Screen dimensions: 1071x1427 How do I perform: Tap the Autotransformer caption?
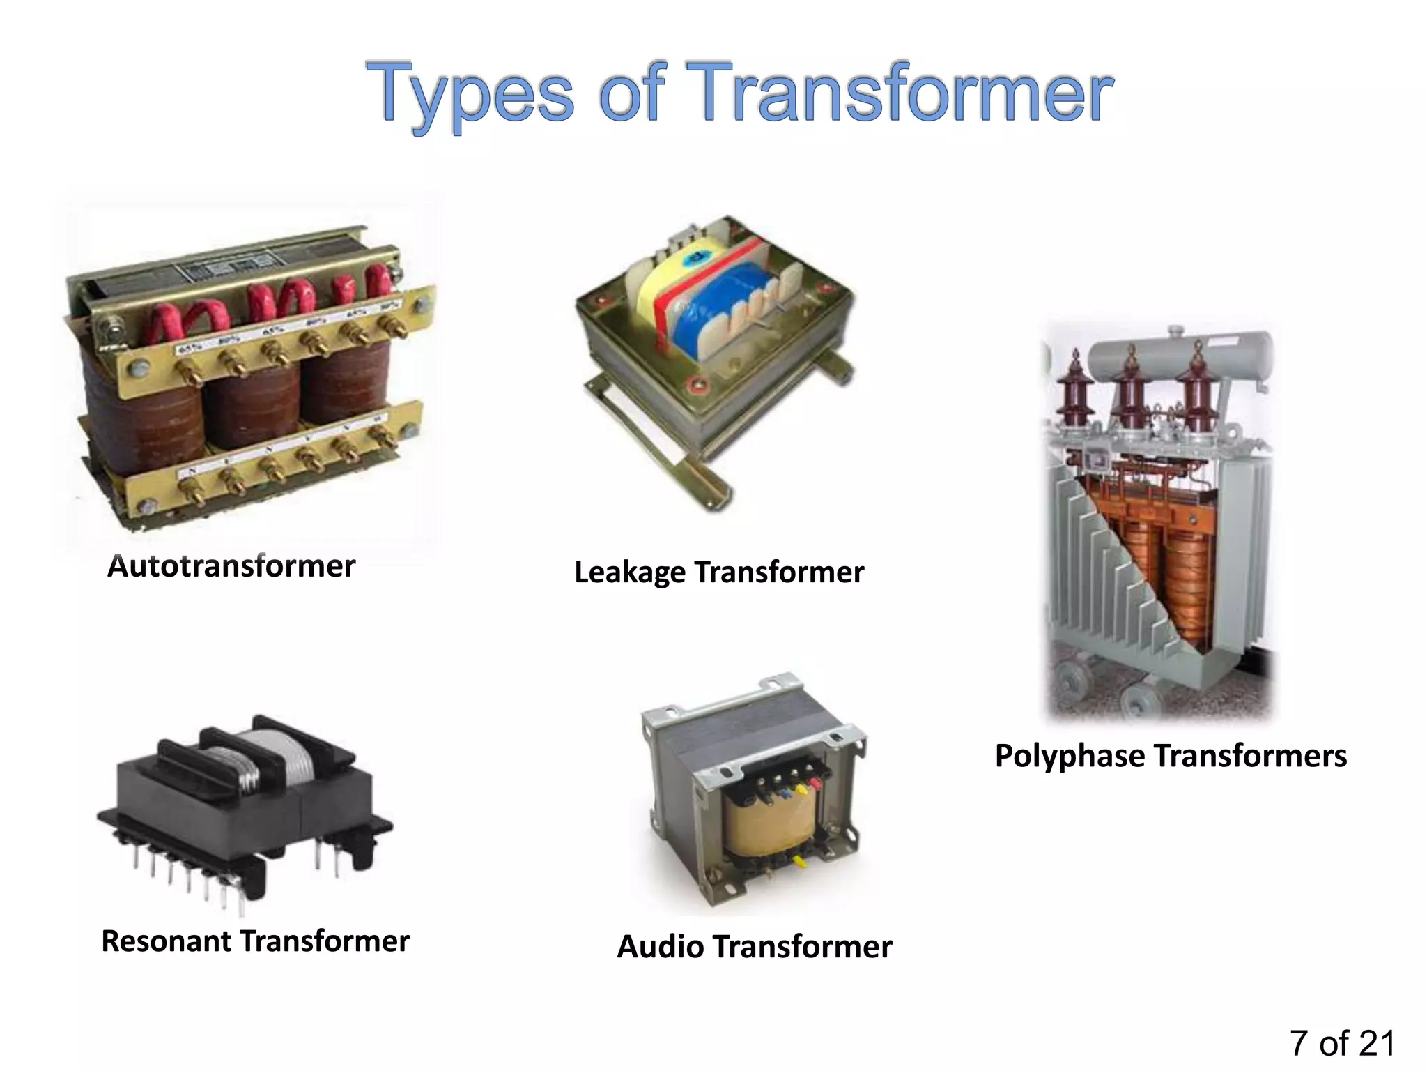231,566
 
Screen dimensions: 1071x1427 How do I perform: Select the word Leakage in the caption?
630,572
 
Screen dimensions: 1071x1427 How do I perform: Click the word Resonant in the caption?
167,941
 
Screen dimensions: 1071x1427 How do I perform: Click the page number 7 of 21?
1342,1043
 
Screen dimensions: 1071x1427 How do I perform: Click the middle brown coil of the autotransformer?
252,404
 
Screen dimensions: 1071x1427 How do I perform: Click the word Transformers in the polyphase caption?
1250,757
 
